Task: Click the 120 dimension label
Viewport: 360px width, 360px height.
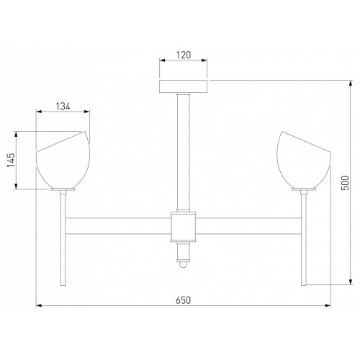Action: [x=184, y=55]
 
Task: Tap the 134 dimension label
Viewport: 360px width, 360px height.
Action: [x=63, y=107]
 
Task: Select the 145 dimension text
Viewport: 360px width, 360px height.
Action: [x=11, y=160]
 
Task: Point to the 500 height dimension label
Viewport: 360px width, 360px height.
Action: [x=345, y=183]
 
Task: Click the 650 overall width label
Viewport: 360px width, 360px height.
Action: [x=184, y=300]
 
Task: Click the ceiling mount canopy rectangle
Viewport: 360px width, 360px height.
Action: [x=184, y=86]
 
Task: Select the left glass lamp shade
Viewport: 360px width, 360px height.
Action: [x=63, y=160]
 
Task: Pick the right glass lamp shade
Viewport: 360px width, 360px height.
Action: [x=304, y=160]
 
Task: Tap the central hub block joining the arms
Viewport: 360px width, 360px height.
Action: [x=184, y=227]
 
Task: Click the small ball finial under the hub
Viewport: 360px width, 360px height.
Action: [x=184, y=264]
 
